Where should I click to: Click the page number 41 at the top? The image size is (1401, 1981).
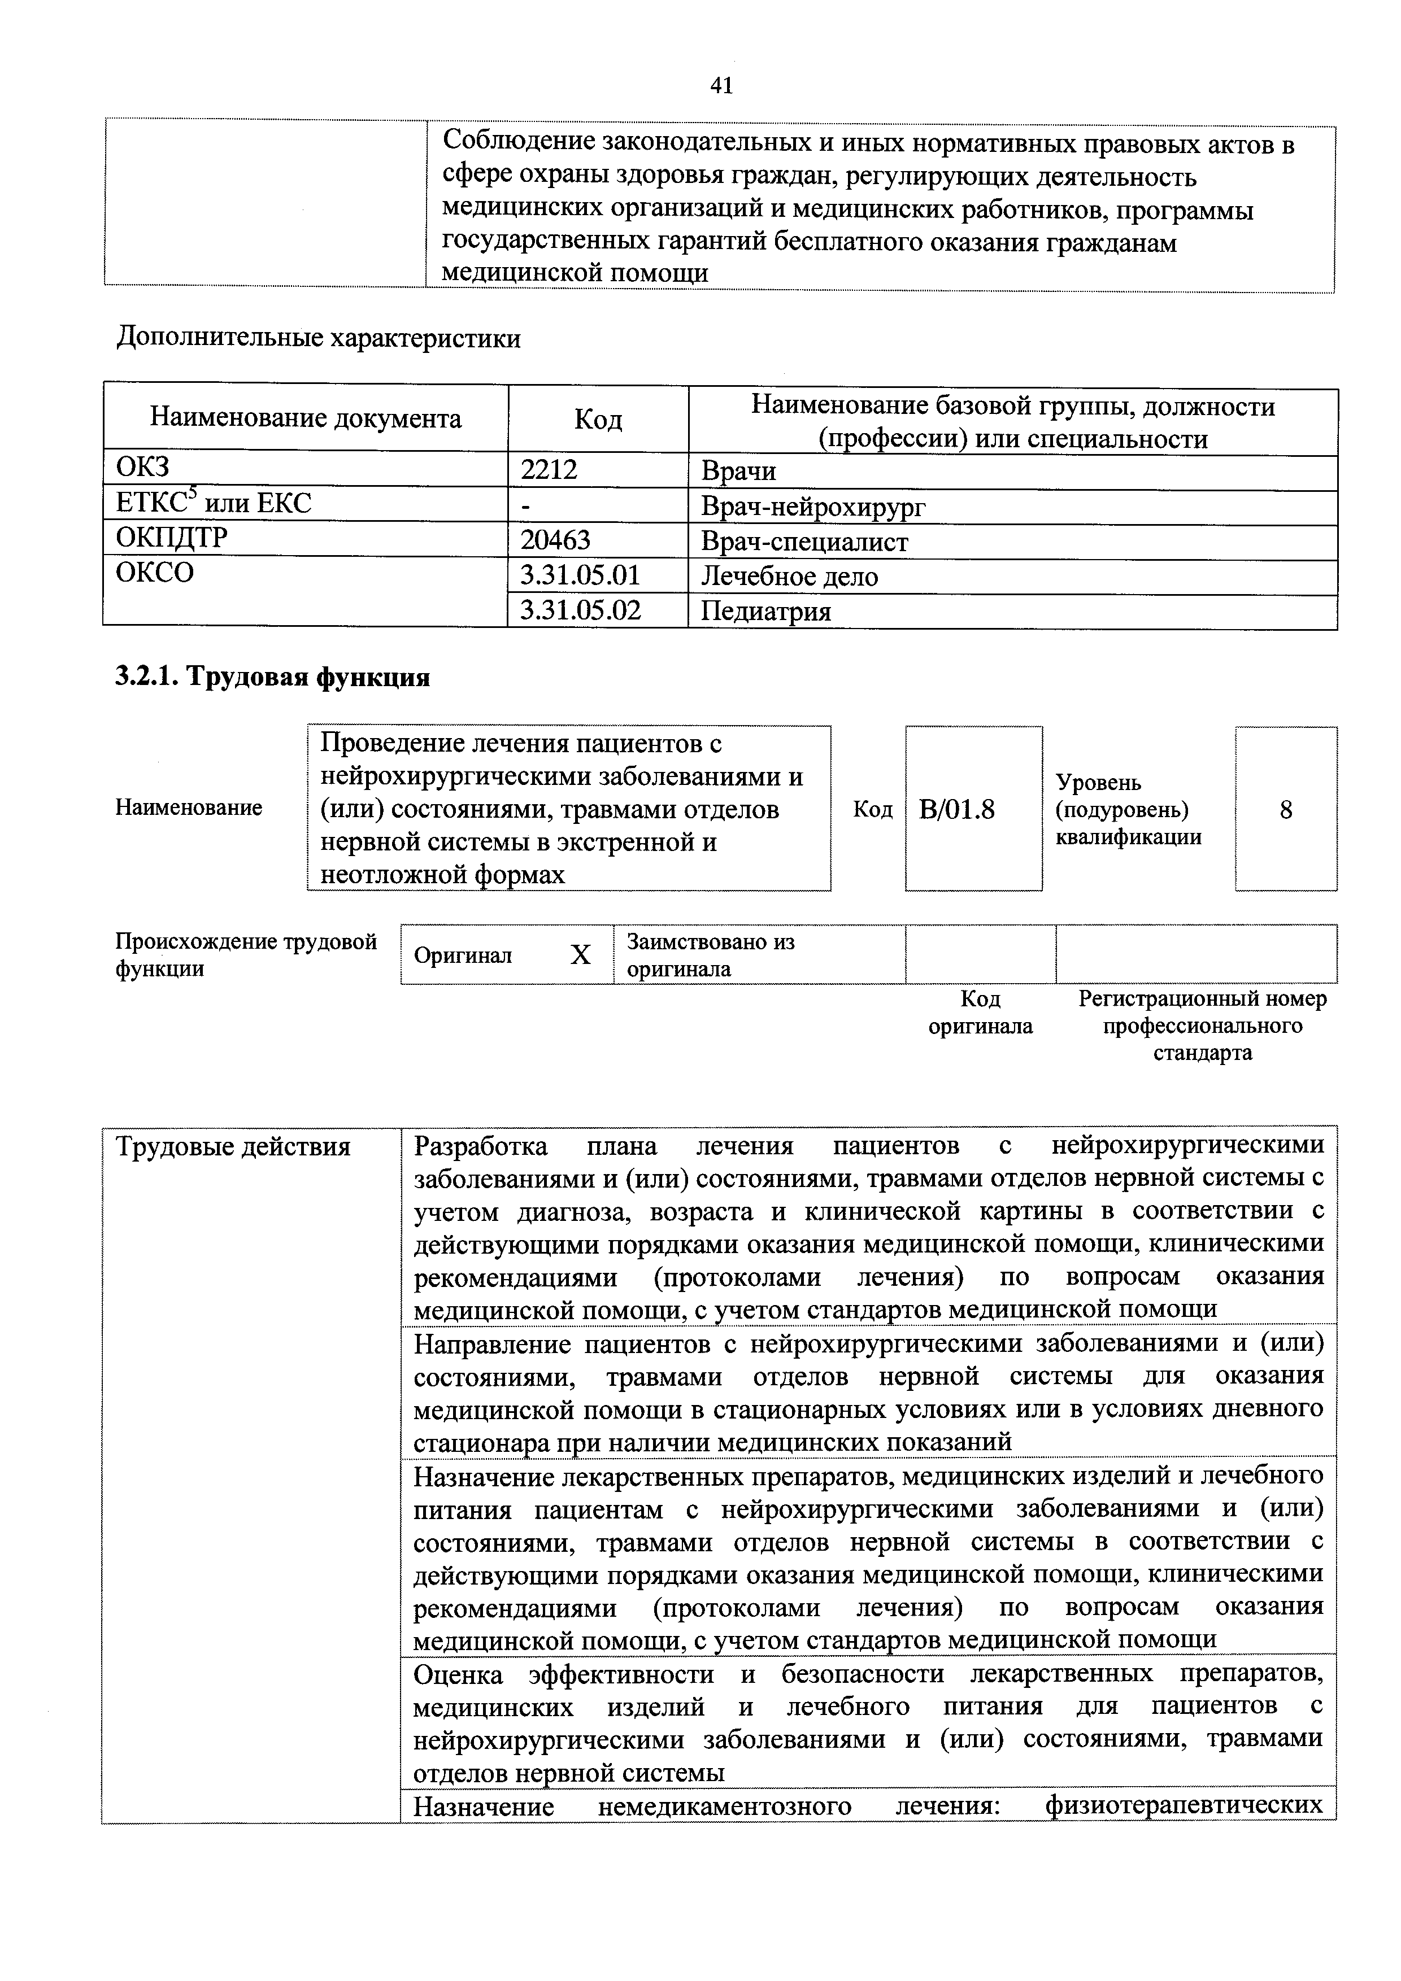[721, 85]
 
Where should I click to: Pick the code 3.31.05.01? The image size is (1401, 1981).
[580, 575]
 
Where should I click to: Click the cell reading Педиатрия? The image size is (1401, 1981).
[765, 612]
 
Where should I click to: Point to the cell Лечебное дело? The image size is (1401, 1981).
[789, 577]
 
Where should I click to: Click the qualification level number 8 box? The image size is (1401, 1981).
[1285, 809]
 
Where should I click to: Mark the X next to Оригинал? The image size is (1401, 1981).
[581, 955]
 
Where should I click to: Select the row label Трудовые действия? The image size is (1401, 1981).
[233, 1147]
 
